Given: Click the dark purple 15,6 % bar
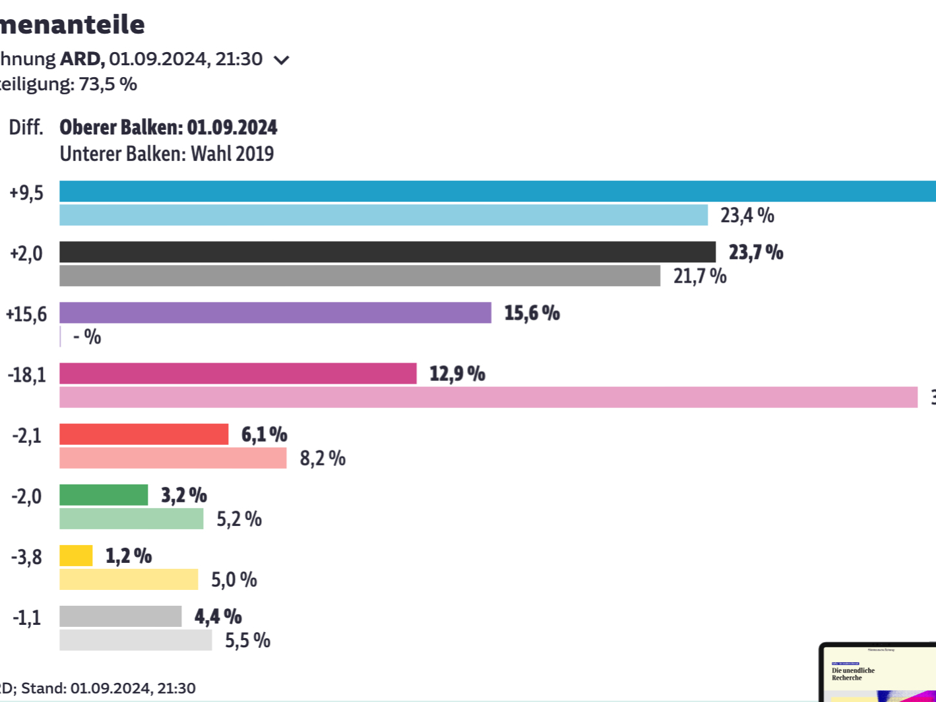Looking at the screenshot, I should pos(275,312).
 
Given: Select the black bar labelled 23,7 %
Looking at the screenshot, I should pos(387,252).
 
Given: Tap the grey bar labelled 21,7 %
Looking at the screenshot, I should pos(359,276).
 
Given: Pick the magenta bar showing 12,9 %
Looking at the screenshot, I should pos(237,373).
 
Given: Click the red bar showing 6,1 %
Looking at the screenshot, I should pos(144,434).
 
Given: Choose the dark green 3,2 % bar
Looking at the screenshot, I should pos(104,494).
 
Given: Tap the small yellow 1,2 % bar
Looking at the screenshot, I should pos(76,556).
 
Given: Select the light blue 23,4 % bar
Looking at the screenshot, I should pos(383,215).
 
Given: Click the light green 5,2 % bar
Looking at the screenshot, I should pos(131,519).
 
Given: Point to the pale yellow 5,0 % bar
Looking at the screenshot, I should pos(129,579).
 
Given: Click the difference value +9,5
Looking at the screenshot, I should pos(26,193).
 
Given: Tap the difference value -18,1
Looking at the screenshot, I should pos(27,375).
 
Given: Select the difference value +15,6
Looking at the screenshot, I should pos(26,314).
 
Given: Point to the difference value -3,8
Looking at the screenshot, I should pos(26,557).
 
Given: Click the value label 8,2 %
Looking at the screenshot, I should pos(323,458).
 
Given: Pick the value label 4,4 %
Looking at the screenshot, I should pos(218,617).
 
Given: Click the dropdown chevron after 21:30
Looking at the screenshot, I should pos(282,60).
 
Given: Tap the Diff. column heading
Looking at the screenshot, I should pos(26,127).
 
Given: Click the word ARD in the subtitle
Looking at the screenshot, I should pos(82,59).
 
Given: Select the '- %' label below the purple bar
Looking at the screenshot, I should pos(87,337).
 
